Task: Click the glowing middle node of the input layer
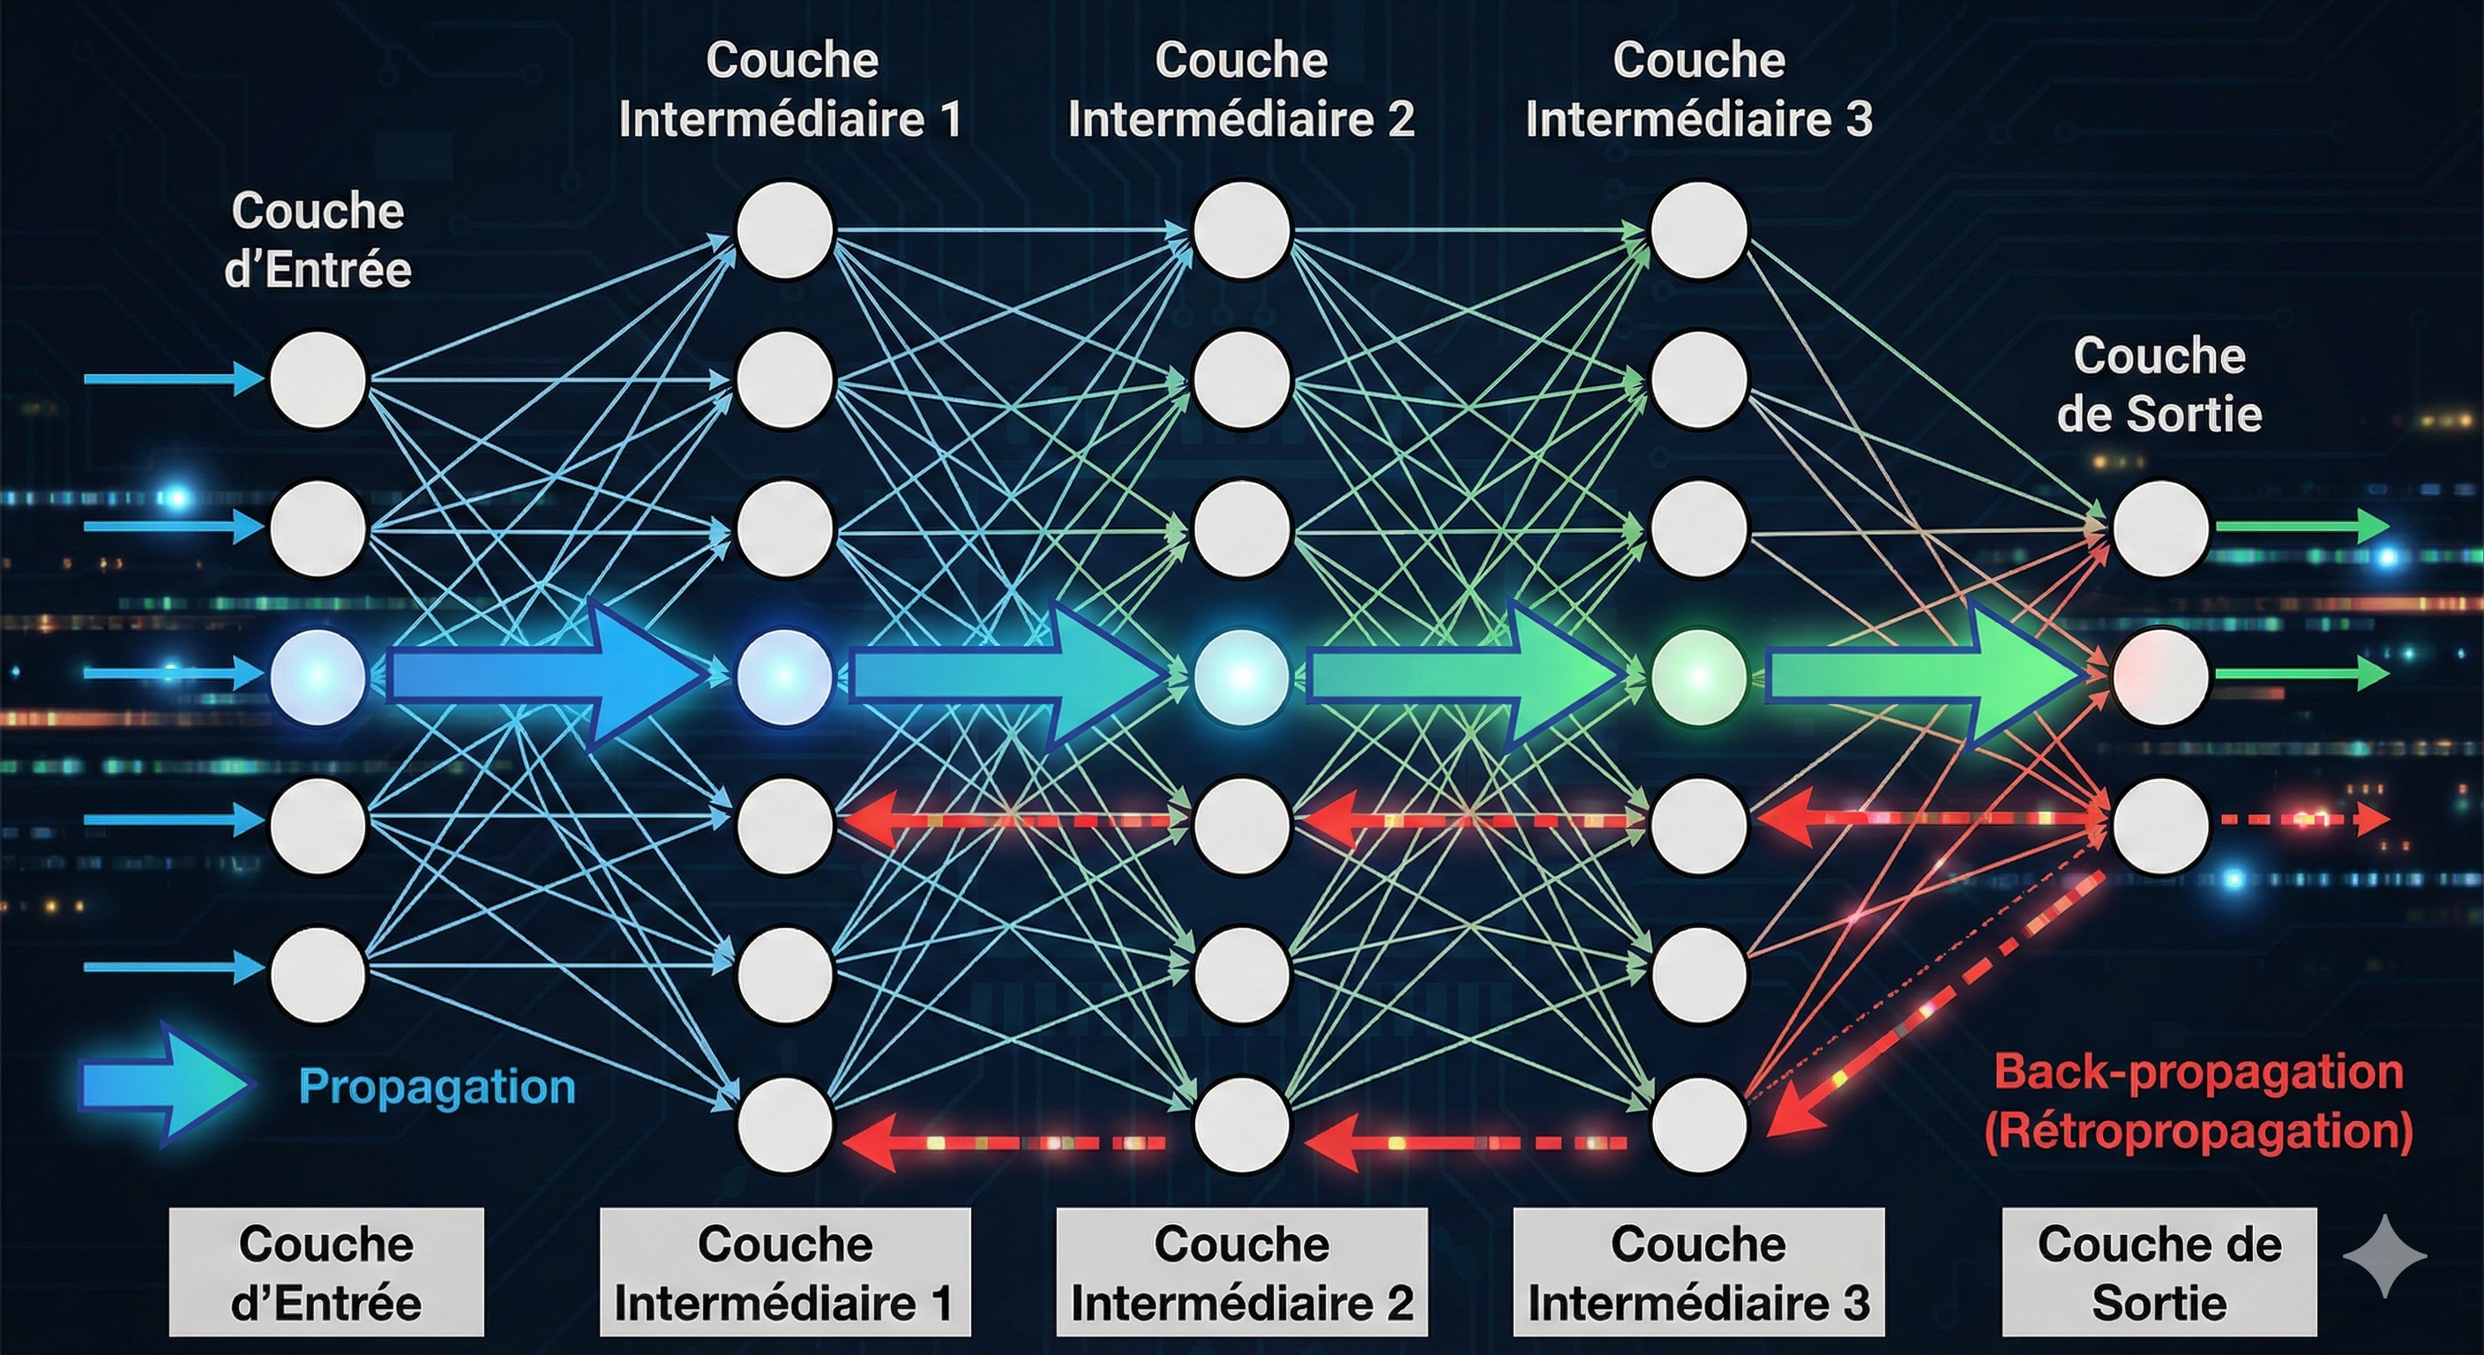318,677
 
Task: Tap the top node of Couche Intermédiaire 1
784,230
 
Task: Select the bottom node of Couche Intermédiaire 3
1698,1125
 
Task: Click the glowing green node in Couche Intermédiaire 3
1698,677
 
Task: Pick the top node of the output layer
2160,528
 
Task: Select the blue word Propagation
437,1086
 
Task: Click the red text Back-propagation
2197,1073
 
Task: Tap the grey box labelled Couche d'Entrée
325,1272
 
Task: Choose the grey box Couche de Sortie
2159,1272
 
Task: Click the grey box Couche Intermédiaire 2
1241,1272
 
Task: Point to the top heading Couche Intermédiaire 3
1698,90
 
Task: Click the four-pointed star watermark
2383,1255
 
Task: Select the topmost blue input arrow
174,379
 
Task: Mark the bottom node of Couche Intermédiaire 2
1241,1125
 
